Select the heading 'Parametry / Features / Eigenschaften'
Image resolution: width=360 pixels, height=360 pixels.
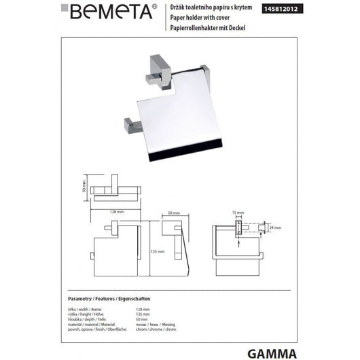pos(120,299)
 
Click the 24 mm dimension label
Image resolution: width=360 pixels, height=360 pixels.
pos(276,229)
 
